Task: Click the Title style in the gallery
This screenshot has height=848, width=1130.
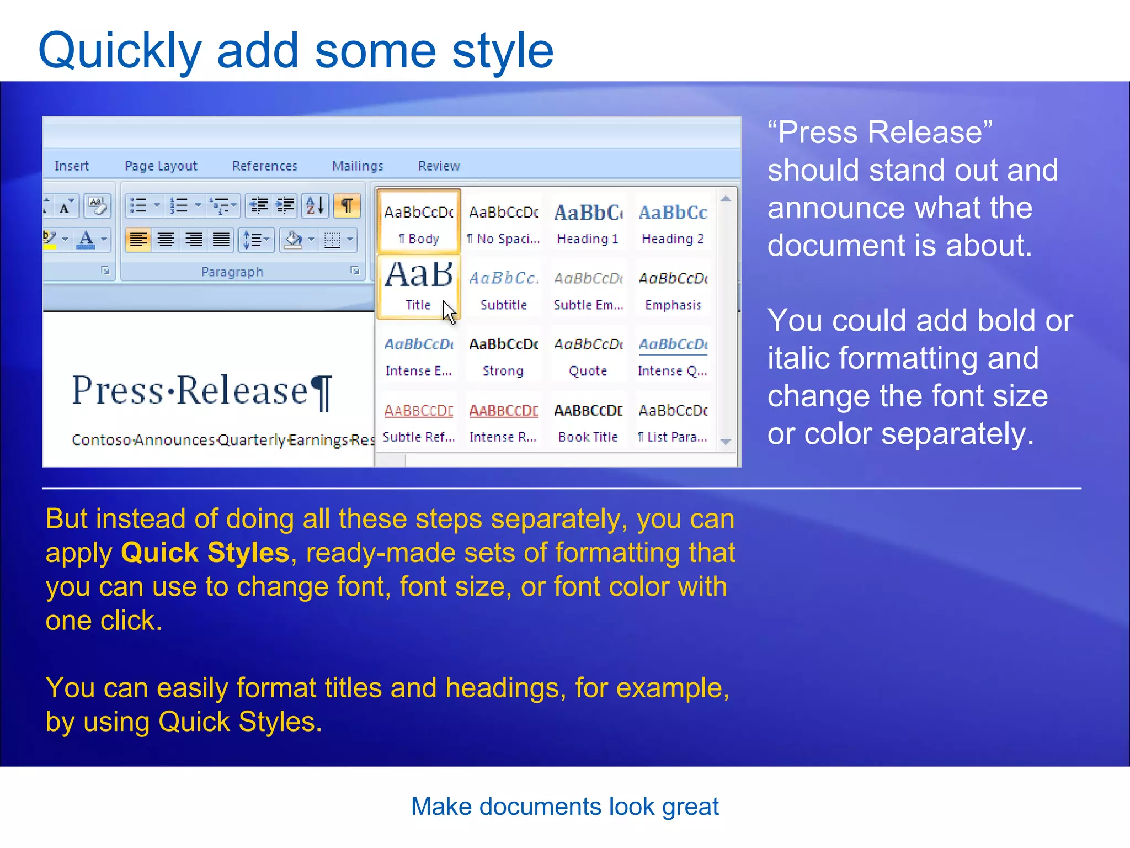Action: pos(418,286)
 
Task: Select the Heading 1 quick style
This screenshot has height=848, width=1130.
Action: pos(588,223)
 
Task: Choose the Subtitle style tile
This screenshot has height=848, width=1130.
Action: pos(503,289)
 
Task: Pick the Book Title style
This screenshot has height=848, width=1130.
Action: pos(588,422)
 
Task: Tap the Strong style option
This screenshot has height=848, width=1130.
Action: pos(503,356)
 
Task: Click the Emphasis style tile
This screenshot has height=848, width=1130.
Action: pos(673,289)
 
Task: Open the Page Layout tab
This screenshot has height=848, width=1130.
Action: pos(161,166)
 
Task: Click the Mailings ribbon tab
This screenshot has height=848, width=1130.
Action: pos(357,166)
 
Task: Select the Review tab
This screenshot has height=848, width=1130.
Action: pos(439,166)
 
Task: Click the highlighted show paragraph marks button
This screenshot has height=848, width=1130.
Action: pos(347,206)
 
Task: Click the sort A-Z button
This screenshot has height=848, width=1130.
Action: pos(315,206)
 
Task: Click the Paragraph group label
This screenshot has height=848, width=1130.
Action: pos(232,272)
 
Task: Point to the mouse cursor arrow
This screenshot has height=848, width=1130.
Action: pos(449,311)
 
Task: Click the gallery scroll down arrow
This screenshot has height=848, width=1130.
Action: pos(726,441)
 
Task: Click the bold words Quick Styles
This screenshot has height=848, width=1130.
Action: pos(205,553)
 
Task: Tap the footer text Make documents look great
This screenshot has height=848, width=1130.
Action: pos(564,807)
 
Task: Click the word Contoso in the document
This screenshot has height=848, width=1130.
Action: pos(102,440)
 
